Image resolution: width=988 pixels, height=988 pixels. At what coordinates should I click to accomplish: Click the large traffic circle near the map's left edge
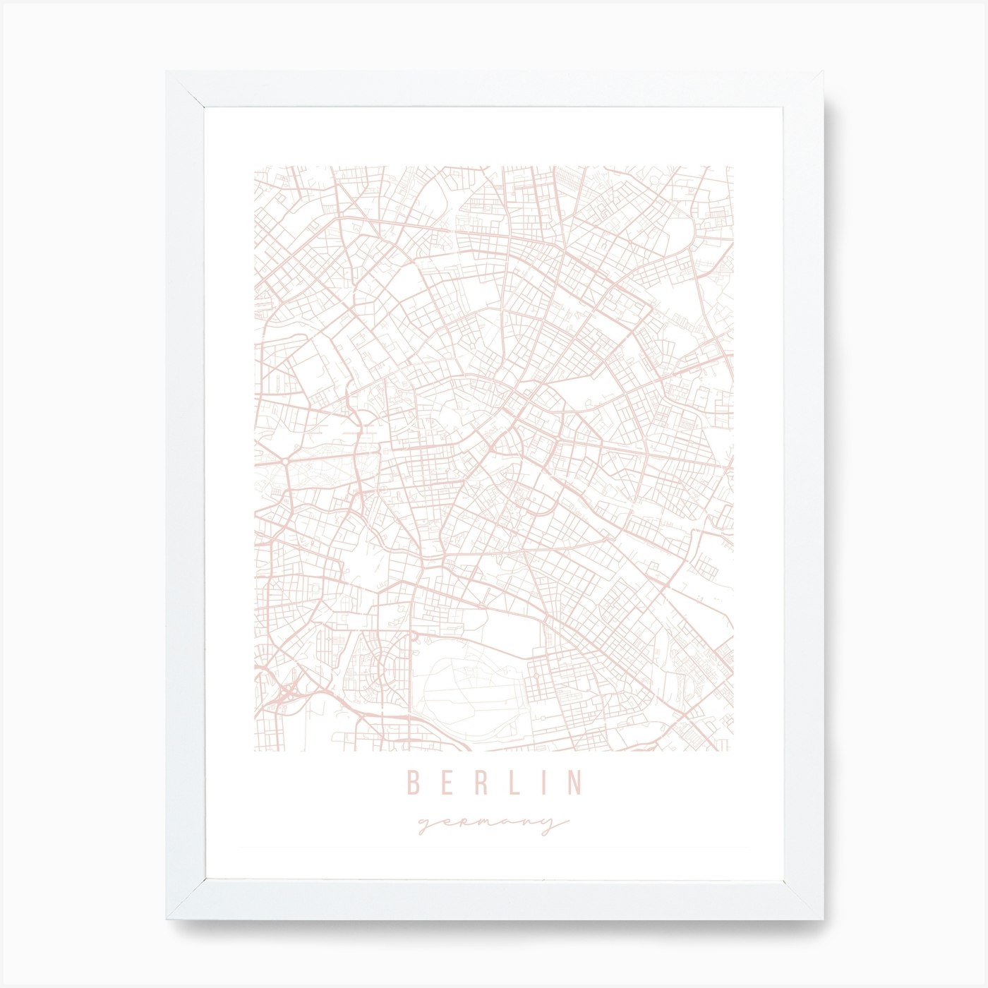pos(284,460)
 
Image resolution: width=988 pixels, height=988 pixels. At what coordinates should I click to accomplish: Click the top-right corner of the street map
pos(733,167)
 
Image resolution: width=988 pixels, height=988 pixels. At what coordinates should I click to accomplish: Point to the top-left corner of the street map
pos(255,167)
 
